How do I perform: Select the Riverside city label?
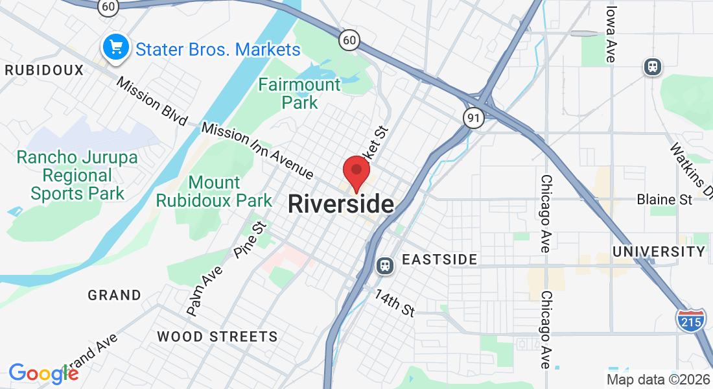point(341,204)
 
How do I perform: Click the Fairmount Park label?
point(299,93)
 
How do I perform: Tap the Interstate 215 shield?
point(691,320)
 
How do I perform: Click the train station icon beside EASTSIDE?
point(385,265)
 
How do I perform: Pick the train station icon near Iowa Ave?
point(652,66)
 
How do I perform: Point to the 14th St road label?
point(394,303)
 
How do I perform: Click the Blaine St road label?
point(664,199)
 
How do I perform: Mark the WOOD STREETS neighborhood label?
point(217,336)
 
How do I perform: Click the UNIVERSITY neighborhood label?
point(659,251)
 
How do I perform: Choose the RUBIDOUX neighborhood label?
point(44,70)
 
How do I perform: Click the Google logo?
point(43,373)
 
